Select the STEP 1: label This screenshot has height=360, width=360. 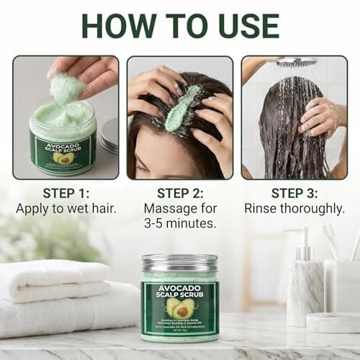(65, 193)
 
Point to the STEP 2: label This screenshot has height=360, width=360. (180, 193)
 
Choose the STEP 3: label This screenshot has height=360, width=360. (294, 193)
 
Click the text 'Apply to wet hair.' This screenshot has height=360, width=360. (65, 209)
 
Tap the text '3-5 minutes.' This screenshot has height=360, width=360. (180, 225)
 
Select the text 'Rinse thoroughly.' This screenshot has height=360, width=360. (294, 209)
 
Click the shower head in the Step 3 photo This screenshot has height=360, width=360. (296, 63)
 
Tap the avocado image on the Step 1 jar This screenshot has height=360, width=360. (62, 157)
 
